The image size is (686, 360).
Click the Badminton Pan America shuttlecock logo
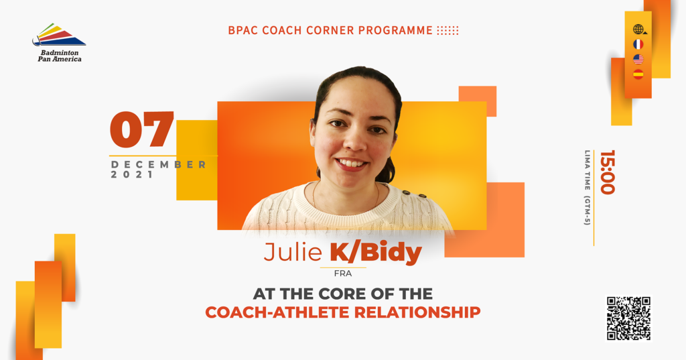59,35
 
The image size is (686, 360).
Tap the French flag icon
638,44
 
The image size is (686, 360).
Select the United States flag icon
638,59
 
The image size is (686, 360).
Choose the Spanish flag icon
638,74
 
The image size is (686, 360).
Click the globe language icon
638,29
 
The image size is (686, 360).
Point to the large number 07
142,130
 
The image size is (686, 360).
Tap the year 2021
132,175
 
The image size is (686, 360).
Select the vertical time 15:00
607,172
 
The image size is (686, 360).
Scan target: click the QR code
628,318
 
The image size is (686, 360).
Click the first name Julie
292,253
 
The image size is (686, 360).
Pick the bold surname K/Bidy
375,253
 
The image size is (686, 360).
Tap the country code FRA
342,274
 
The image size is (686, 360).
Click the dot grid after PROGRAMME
448,31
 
